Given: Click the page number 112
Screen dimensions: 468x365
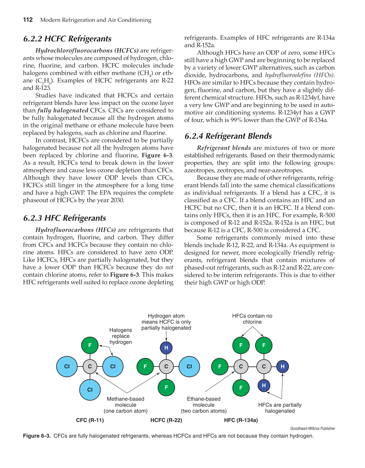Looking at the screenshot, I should pyautogui.click(x=28, y=20).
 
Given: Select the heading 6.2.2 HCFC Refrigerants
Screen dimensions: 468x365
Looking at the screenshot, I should pyautogui.click(x=67, y=39).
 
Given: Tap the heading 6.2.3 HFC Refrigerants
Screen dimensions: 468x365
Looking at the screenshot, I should pyautogui.click(x=65, y=218).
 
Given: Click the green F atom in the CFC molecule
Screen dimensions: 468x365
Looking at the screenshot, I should pyautogui.click(x=90, y=345).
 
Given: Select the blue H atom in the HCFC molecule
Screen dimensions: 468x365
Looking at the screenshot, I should pyautogui.click(x=166, y=348).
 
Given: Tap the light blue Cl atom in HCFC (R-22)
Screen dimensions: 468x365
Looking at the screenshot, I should pyautogui.click(x=189, y=367).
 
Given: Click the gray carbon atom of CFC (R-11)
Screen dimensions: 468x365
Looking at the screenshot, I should pyautogui.click(x=90, y=367).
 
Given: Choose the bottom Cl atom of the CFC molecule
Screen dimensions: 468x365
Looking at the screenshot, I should pyautogui.click(x=90, y=390).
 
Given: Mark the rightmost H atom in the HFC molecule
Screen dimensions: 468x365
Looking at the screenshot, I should pyautogui.click(x=282, y=367).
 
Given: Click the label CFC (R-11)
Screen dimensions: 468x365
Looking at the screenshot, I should pyautogui.click(x=90, y=420).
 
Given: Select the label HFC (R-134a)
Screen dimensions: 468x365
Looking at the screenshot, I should pyautogui.click(x=241, y=420).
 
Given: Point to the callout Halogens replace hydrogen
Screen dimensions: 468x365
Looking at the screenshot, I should pyautogui.click(x=121, y=336).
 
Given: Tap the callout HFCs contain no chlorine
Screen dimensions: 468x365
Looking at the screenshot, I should pyautogui.click(x=252, y=319).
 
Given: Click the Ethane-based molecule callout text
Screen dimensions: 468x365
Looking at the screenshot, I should pyautogui.click(x=204, y=405).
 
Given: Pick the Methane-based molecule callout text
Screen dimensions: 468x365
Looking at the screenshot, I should pyautogui.click(x=126, y=405).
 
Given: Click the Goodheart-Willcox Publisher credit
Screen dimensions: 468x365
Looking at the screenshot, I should pyautogui.click(x=312, y=428).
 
